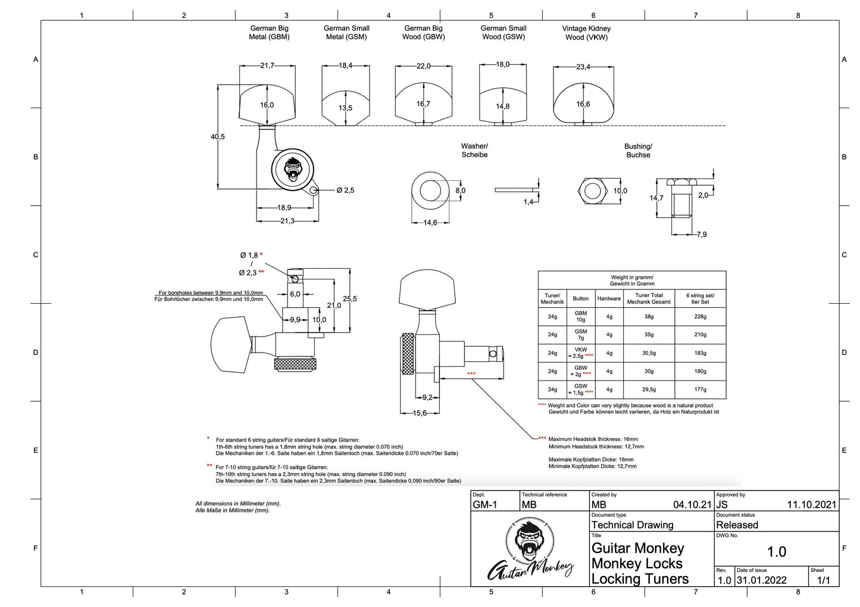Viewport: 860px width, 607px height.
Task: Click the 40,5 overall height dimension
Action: pos(218,137)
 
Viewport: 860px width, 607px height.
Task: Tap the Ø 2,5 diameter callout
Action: pos(345,190)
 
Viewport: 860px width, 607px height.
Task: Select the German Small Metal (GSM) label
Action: pos(346,32)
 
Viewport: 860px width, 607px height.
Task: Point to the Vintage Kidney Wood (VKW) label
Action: pos(586,33)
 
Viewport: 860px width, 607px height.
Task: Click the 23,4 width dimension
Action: pos(583,67)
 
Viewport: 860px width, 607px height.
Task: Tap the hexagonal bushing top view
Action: pos(592,191)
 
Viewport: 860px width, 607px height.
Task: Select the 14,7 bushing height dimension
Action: pos(656,198)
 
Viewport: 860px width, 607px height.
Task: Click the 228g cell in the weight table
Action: pos(700,317)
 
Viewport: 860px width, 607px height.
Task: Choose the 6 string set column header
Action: pos(700,298)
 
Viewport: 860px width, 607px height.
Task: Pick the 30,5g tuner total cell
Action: pos(649,353)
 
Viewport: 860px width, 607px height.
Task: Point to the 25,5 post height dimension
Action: pos(350,299)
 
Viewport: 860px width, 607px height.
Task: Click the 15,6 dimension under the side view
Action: pos(420,413)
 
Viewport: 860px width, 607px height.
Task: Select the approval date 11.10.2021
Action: pos(811,505)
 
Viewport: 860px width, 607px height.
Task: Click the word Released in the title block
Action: pos(737,525)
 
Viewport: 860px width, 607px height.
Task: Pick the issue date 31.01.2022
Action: pos(761,580)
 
